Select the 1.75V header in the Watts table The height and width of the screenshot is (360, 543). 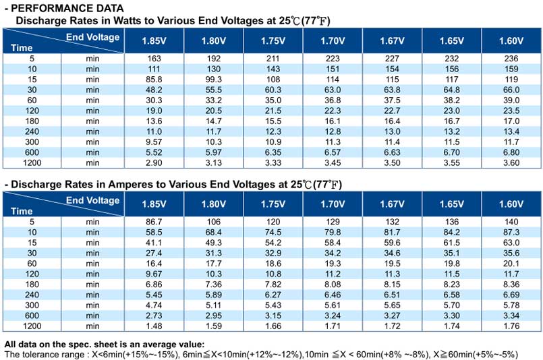click(x=273, y=41)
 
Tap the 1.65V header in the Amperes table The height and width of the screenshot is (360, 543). click(x=451, y=204)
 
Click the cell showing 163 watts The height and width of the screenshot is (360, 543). click(x=154, y=59)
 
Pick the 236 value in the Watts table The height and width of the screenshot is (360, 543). click(x=511, y=59)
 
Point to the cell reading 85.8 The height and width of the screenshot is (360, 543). click(x=154, y=80)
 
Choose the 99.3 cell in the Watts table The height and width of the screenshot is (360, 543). click(x=214, y=80)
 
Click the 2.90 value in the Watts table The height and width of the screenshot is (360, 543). click(x=154, y=162)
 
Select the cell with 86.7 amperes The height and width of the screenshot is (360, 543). click(x=154, y=222)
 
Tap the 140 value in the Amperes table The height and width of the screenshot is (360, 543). click(x=511, y=222)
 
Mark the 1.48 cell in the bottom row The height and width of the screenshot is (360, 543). click(x=154, y=326)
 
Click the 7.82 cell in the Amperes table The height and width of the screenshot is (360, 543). click(x=273, y=284)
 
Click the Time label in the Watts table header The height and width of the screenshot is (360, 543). click(x=22, y=48)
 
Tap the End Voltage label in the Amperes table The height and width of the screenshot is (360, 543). click(x=93, y=200)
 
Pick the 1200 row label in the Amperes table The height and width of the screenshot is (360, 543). click(x=32, y=326)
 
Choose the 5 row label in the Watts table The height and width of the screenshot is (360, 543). click(x=32, y=59)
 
